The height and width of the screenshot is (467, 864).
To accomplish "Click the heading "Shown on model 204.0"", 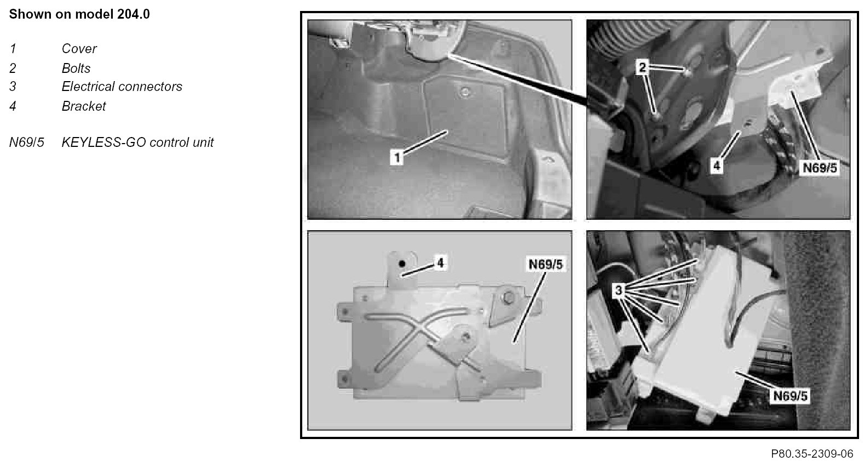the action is click(79, 14).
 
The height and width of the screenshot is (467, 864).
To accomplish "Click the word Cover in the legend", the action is click(79, 49).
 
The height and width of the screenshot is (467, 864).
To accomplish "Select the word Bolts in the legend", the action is click(76, 68).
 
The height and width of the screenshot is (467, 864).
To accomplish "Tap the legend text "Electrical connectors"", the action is click(122, 87).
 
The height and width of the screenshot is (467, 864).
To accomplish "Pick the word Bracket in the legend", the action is click(84, 106).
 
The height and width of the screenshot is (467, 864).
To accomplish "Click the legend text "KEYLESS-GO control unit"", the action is click(137, 143).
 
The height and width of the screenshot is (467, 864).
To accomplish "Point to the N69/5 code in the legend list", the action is click(27, 143).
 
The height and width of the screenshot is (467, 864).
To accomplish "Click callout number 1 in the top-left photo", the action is click(397, 157).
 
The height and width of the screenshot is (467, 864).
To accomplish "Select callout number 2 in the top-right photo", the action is click(642, 68).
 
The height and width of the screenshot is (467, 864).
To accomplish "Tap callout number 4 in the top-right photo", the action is click(717, 166).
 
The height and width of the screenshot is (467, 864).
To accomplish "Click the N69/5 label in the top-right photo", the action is click(820, 168).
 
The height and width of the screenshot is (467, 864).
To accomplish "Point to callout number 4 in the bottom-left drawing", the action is click(440, 263).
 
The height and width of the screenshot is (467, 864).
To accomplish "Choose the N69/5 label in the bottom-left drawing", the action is click(545, 264).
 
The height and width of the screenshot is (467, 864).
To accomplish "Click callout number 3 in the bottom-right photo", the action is click(619, 290).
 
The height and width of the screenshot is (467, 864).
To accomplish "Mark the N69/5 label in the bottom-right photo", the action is click(790, 396).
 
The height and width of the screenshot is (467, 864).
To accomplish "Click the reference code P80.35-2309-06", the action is click(812, 454).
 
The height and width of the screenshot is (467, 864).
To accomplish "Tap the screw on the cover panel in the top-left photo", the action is click(465, 92).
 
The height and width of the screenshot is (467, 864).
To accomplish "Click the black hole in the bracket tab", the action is click(402, 264).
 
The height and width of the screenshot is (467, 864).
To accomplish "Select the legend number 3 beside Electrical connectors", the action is click(13, 87).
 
